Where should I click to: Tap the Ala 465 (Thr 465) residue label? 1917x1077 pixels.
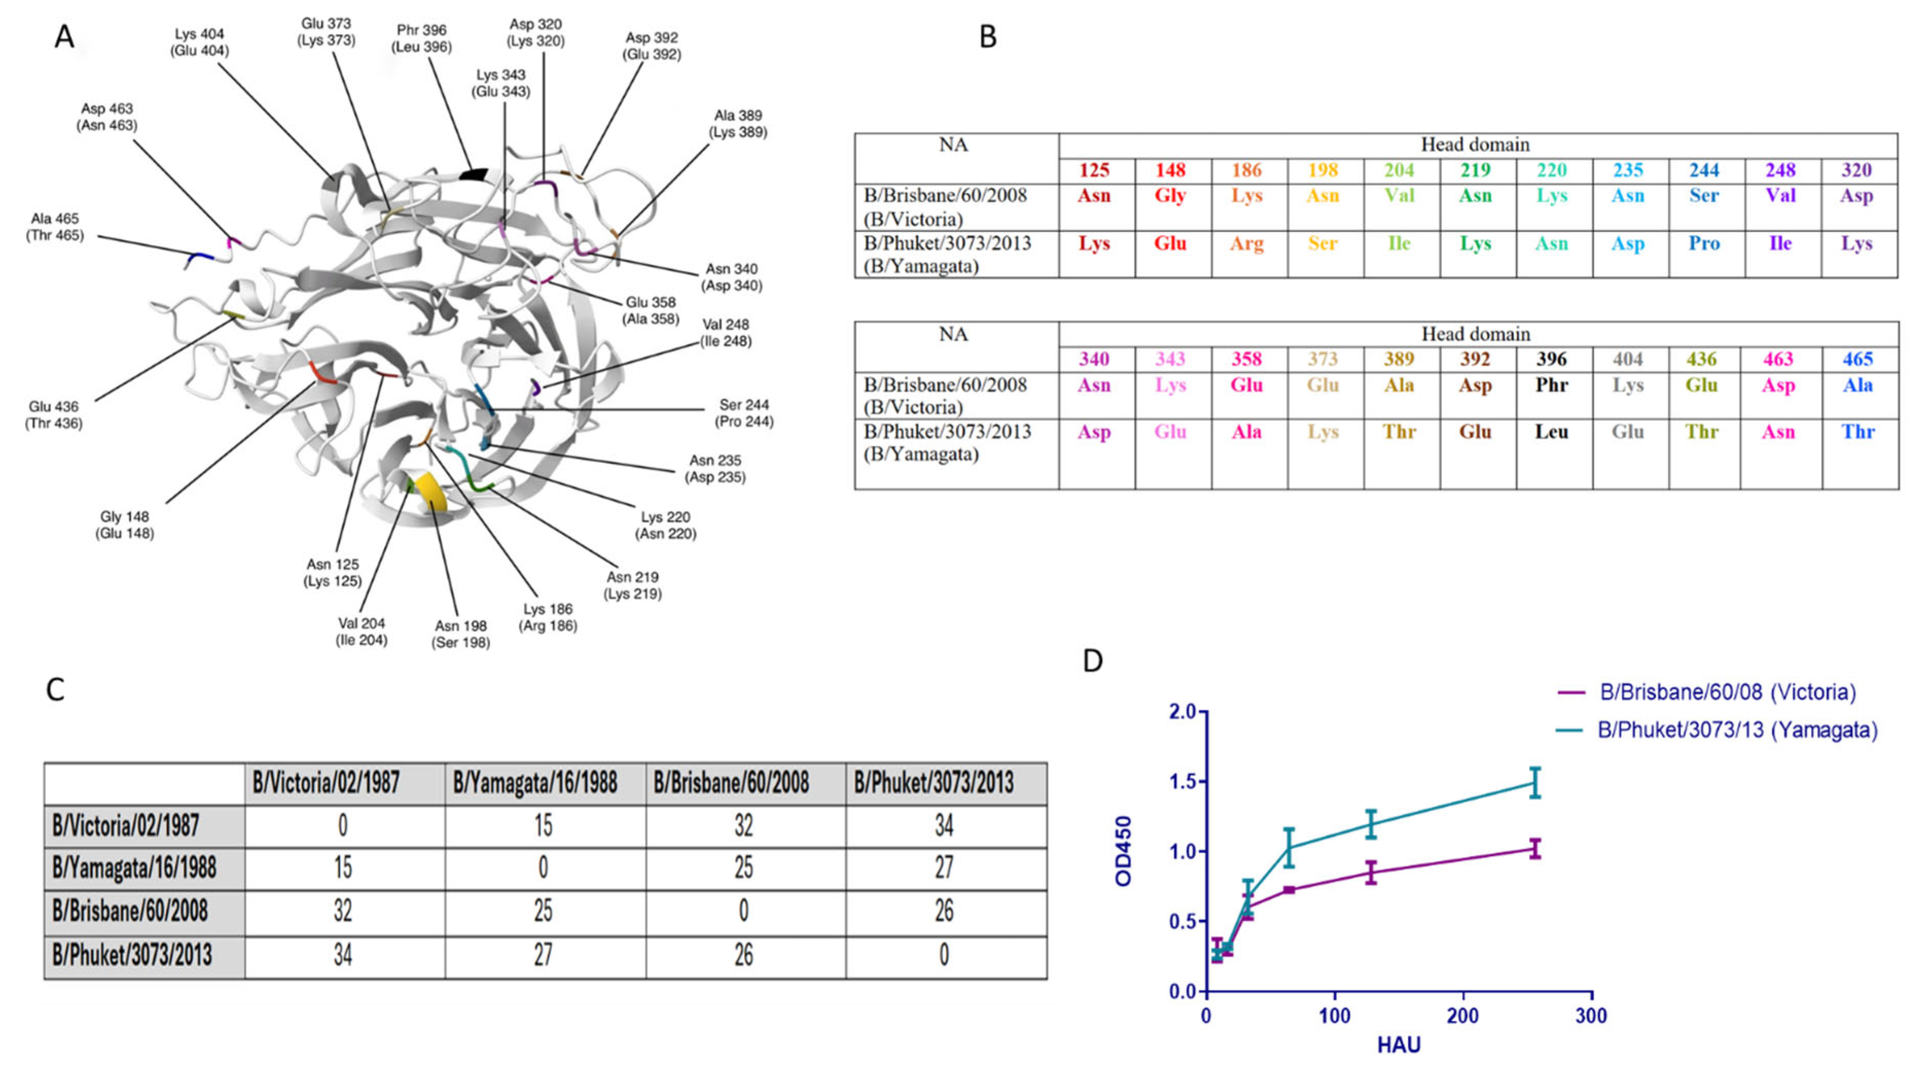pyautogui.click(x=55, y=227)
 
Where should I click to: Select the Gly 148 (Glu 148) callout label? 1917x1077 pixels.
pyautogui.click(x=124, y=525)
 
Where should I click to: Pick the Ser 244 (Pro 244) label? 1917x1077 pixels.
pyautogui.click(x=744, y=413)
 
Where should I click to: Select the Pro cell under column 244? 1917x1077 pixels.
pyautogui.click(x=1704, y=244)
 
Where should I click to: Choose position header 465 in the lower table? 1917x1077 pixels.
pyautogui.click(x=1857, y=360)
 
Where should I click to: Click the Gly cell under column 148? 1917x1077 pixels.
pyautogui.click(x=1170, y=196)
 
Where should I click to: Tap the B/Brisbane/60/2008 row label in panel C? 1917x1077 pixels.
pyautogui.click(x=130, y=911)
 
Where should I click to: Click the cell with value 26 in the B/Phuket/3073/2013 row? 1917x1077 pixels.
pyautogui.click(x=744, y=955)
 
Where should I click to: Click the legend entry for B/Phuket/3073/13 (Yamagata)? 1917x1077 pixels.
pyautogui.click(x=1737, y=730)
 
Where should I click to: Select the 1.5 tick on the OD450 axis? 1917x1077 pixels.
pyautogui.click(x=1183, y=781)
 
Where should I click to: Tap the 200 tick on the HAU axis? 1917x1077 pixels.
pyautogui.click(x=1463, y=1016)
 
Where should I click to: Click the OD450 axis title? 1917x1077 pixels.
pyautogui.click(x=1124, y=851)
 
